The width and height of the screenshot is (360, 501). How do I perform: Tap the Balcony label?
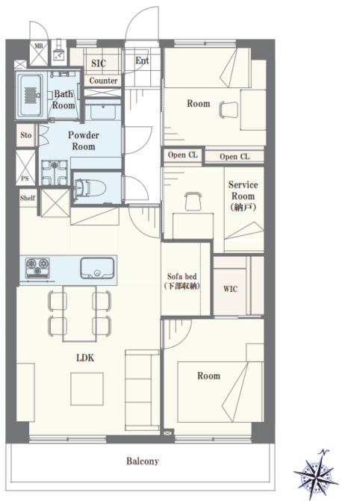(143, 461)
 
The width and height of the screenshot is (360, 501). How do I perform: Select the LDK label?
(85, 358)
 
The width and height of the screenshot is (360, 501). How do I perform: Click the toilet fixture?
(90, 188)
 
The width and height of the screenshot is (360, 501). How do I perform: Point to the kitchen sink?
(97, 268)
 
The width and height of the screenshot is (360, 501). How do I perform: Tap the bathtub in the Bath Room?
(31, 96)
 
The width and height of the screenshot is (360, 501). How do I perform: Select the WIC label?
(230, 289)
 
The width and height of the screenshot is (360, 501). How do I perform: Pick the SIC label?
(99, 63)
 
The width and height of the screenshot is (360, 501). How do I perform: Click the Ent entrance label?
(142, 60)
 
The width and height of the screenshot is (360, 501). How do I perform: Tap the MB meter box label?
(38, 46)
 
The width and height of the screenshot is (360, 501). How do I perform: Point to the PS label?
(25, 179)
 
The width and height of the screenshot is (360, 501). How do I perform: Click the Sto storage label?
(26, 135)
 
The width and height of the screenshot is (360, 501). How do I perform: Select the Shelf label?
(28, 198)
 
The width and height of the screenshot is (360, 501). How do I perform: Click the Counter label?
(103, 81)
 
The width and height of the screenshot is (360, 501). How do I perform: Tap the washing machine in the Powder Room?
(55, 172)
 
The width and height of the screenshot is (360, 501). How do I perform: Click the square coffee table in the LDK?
(87, 389)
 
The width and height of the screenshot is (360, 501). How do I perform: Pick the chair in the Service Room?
(193, 202)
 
